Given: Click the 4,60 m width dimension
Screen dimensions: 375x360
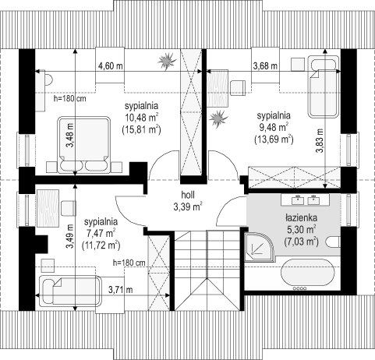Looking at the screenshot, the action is (111, 65).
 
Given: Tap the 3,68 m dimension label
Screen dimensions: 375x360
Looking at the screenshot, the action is (265, 66).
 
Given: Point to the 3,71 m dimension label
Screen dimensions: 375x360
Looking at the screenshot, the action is (121, 289).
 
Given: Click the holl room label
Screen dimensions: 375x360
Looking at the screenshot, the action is (188, 195).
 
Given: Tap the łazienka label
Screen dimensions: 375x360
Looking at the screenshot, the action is (301, 218).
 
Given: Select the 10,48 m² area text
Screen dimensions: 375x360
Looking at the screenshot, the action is (142, 118).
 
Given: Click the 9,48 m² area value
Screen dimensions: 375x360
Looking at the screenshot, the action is (274, 127).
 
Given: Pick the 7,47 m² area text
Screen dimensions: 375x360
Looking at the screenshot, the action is (101, 234).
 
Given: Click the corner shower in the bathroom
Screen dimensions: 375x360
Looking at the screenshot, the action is (258, 247).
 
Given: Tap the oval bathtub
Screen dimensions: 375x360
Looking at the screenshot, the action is (308, 273).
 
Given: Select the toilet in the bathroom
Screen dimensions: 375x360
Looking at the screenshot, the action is (334, 242).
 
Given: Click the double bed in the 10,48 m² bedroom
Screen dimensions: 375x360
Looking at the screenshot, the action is (83, 145).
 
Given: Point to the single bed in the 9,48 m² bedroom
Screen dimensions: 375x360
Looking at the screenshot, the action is (324, 89).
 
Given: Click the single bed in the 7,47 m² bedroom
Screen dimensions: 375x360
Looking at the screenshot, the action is (70, 291).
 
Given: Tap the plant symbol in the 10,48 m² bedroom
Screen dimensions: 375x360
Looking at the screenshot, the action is (168, 61).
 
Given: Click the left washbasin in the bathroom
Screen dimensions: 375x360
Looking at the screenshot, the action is (298, 200).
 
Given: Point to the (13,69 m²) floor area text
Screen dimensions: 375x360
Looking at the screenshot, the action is (274, 139).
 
